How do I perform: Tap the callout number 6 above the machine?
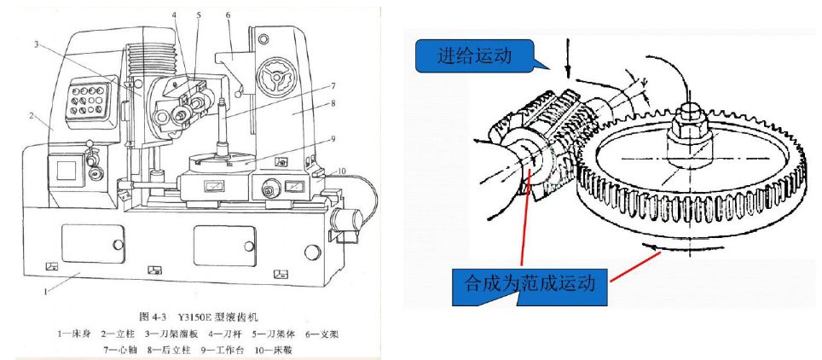point(229,15)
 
